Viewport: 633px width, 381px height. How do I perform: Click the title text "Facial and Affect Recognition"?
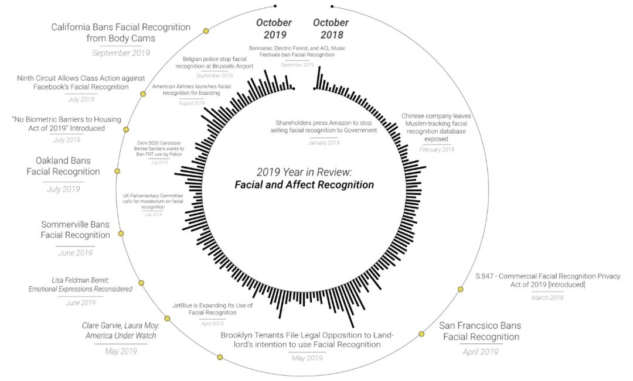point(304,185)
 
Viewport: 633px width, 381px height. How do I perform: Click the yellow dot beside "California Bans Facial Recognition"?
point(206,31)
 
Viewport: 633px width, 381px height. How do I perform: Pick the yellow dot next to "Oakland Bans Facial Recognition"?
point(117,171)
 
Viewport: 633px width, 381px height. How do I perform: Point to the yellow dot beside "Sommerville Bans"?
point(121,233)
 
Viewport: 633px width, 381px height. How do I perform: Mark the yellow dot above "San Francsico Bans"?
point(421,334)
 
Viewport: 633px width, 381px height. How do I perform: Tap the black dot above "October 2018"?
point(332,7)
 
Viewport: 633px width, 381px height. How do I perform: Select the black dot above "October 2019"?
point(275,6)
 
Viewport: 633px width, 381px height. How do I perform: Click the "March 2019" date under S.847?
point(548,298)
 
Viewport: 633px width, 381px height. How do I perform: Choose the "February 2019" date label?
point(437,150)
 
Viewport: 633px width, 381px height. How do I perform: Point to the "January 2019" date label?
point(324,143)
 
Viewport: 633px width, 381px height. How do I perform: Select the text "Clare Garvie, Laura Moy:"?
point(122,325)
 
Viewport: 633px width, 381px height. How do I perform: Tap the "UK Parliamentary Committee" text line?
point(153,195)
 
